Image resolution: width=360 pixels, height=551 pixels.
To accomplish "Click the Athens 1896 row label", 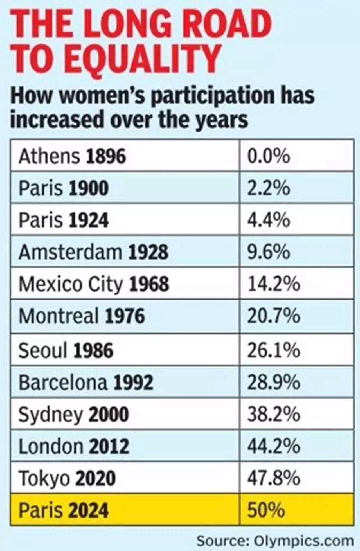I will (x=72, y=156).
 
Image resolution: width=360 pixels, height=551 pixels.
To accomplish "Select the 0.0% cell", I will (x=268, y=156).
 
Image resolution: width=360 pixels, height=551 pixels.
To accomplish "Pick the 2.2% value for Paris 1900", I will (x=268, y=188).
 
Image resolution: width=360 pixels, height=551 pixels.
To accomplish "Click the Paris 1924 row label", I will (x=64, y=220).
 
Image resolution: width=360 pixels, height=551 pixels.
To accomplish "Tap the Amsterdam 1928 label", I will (x=93, y=252).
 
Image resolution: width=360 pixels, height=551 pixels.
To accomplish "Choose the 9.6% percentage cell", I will (x=268, y=252).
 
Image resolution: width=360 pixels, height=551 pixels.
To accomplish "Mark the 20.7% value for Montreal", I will (x=274, y=316).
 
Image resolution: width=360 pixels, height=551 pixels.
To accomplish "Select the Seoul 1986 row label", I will (x=66, y=350).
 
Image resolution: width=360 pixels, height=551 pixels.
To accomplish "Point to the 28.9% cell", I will (x=274, y=382).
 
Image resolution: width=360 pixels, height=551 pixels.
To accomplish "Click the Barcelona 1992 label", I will (x=86, y=382).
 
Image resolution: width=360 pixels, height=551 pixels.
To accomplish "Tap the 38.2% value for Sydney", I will (x=274, y=414).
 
